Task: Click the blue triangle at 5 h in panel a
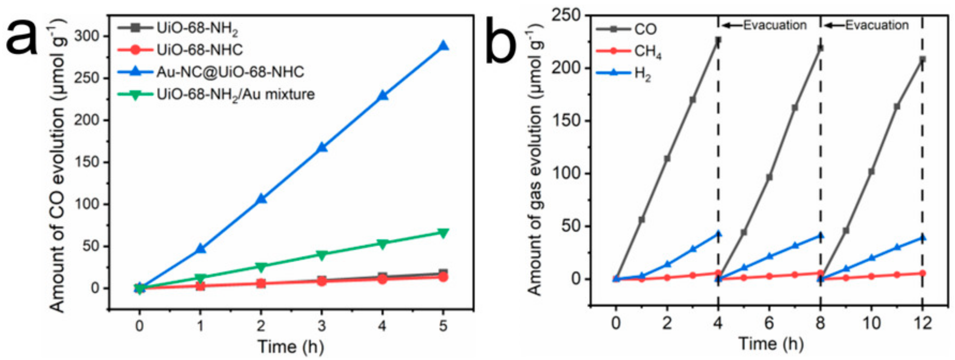point(443,46)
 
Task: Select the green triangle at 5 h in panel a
point(443,233)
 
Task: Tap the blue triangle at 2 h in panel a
point(261,199)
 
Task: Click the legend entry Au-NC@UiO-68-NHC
point(230,72)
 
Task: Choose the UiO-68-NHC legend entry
point(199,50)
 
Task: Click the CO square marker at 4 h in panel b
point(718,40)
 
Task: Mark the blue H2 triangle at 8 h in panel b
point(820,236)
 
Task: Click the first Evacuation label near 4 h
point(775,25)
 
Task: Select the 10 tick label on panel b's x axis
point(871,324)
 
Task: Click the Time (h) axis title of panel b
point(771,344)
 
